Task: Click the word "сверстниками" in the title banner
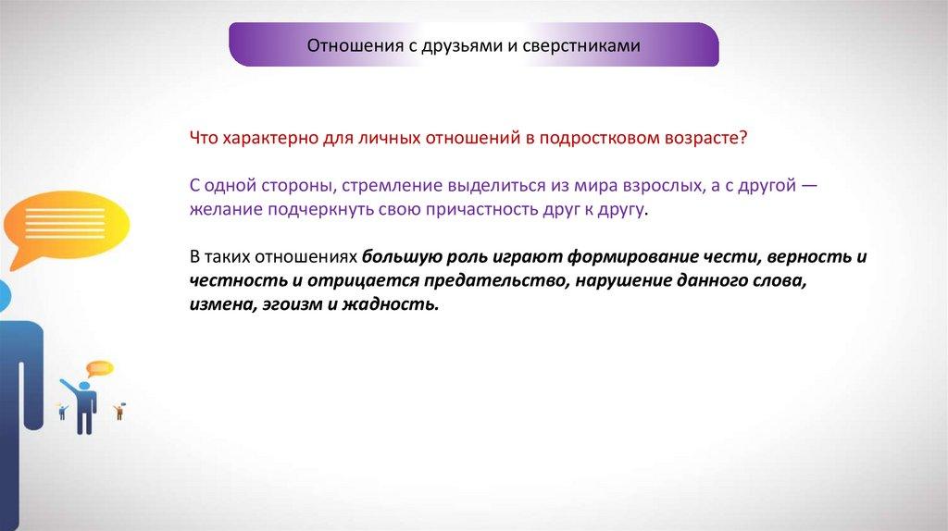coord(581,46)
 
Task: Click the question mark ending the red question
coord(743,137)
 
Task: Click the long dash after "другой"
coord(809,185)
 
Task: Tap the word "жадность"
coord(391,303)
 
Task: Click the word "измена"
coord(222,304)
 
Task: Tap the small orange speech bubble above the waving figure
coord(99,368)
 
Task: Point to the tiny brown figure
coord(119,412)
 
